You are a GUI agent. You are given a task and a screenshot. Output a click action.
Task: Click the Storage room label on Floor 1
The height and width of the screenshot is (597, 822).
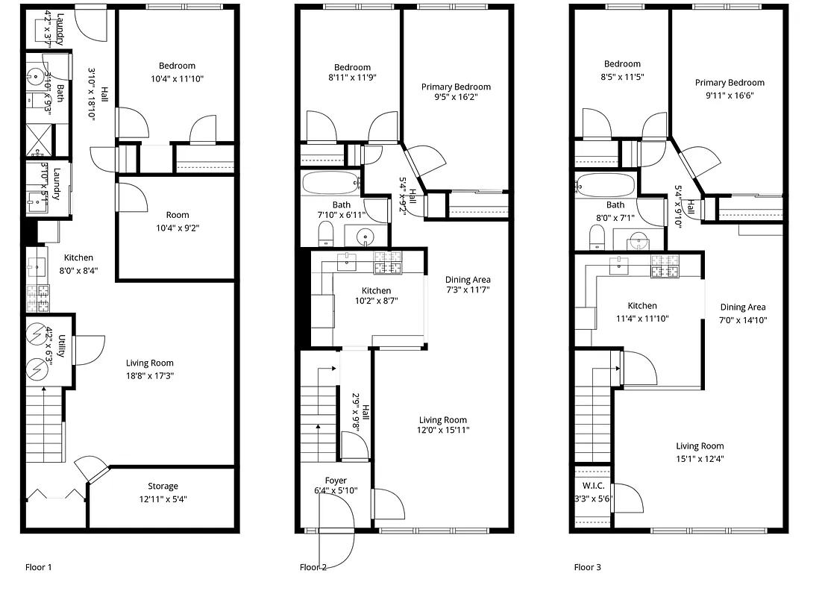point(163,487)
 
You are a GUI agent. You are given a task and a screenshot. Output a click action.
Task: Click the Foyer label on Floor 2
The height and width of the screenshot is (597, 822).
point(336,480)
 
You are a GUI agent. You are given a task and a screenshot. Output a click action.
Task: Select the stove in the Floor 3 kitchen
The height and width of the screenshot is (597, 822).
point(665,266)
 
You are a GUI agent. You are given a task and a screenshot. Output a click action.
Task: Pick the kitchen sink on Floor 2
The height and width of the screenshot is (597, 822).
point(347,262)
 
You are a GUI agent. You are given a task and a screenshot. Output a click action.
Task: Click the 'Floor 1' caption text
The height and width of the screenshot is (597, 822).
point(39,567)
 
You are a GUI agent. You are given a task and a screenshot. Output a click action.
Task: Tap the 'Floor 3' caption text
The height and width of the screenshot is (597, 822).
point(587,567)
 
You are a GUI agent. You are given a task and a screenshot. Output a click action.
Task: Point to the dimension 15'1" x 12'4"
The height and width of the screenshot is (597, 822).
point(700,459)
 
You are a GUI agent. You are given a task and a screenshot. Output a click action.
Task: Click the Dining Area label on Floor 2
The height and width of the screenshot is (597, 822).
point(468,280)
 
